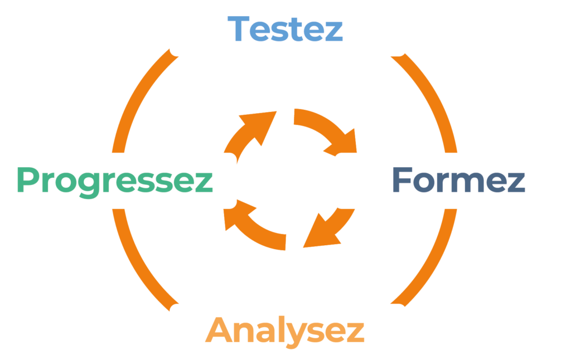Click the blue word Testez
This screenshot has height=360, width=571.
click(285, 28)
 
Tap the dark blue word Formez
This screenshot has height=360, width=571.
click(458, 181)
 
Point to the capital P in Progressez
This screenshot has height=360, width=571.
click(27, 180)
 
